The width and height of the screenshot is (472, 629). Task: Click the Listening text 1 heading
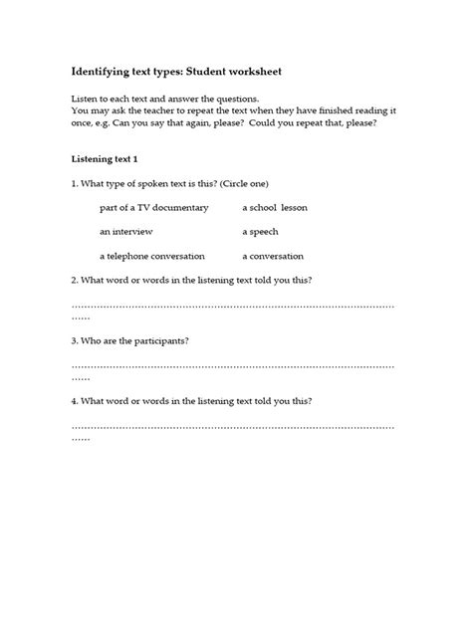[111, 159]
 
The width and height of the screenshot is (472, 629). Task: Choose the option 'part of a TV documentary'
[154, 207]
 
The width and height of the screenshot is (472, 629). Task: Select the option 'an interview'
[126, 231]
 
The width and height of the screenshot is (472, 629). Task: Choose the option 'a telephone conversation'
[152, 255]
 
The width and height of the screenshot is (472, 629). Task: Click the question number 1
[75, 183]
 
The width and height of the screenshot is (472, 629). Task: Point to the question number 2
[75, 280]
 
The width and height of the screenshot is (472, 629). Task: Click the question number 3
[75, 340]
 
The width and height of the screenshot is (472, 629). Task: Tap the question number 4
[75, 401]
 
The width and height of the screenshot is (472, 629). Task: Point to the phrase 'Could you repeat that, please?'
[329, 124]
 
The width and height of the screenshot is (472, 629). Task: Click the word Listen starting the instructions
[86, 101]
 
